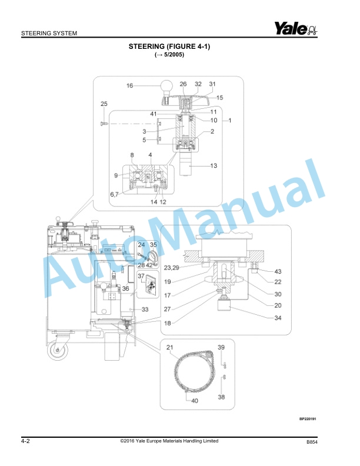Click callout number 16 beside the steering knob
pyautogui.click(x=129, y=86)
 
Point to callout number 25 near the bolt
pyautogui.click(x=104, y=104)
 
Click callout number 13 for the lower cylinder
pyautogui.click(x=214, y=166)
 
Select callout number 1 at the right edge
pyautogui.click(x=229, y=120)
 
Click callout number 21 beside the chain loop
pyautogui.click(x=170, y=348)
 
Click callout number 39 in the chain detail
pyautogui.click(x=221, y=348)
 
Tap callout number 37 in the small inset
pyautogui.click(x=141, y=275)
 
